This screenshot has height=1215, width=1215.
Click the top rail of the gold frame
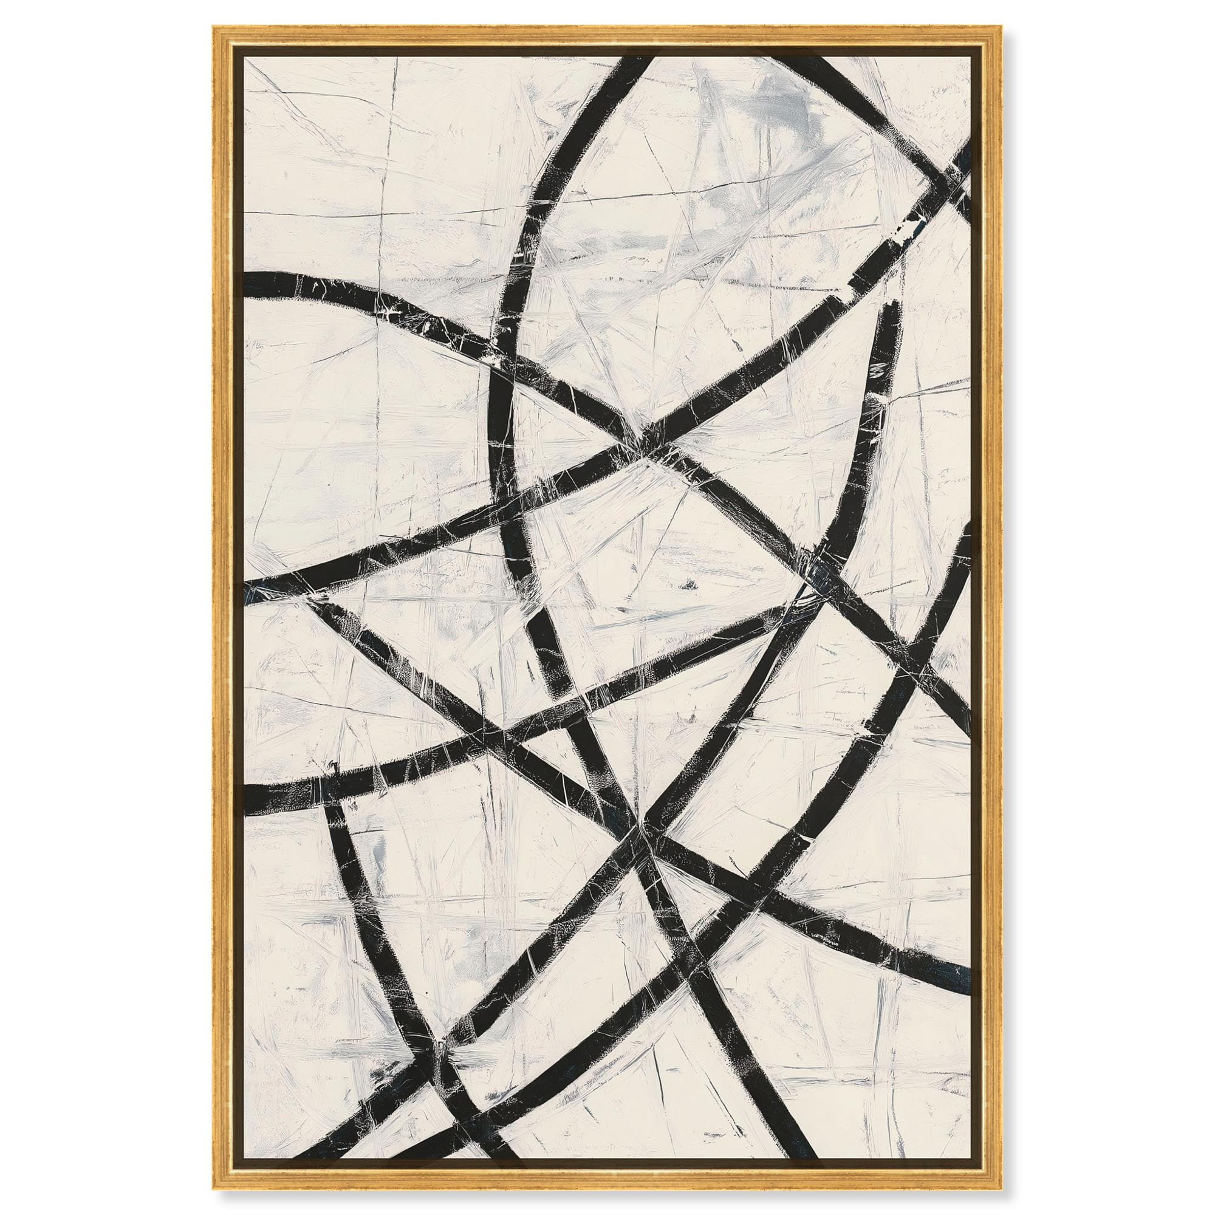point(607,36)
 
